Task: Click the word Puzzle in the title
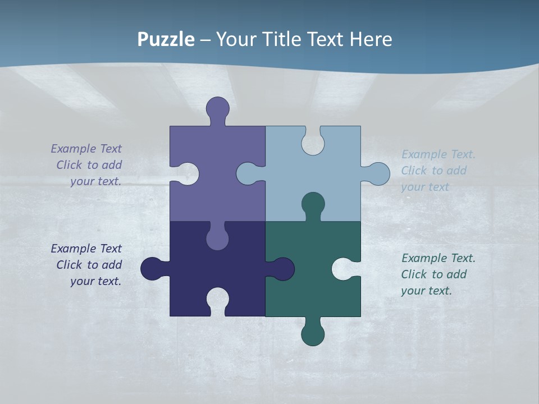pyautogui.click(x=166, y=40)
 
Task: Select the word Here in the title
pyautogui.click(x=371, y=40)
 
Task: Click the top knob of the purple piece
pyautogui.click(x=217, y=108)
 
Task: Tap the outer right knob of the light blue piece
pyautogui.click(x=378, y=174)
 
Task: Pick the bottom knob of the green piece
pyautogui.click(x=313, y=334)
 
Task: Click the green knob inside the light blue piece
pyautogui.click(x=313, y=203)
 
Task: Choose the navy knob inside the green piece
pyautogui.click(x=282, y=269)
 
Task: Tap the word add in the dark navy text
pyautogui.click(x=111, y=265)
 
